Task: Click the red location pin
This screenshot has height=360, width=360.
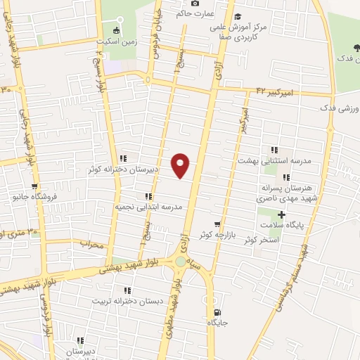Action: tap(181, 164)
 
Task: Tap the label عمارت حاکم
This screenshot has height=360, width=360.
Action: tap(175, 12)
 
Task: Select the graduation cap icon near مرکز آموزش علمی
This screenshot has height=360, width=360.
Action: tap(238, 16)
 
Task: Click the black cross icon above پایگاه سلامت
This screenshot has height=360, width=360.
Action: tap(282, 214)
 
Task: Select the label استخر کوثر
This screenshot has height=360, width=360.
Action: tap(262, 240)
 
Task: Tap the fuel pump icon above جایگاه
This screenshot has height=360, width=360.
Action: tap(215, 313)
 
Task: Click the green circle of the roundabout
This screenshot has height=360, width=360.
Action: tap(181, 262)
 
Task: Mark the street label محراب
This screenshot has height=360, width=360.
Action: tap(91, 245)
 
